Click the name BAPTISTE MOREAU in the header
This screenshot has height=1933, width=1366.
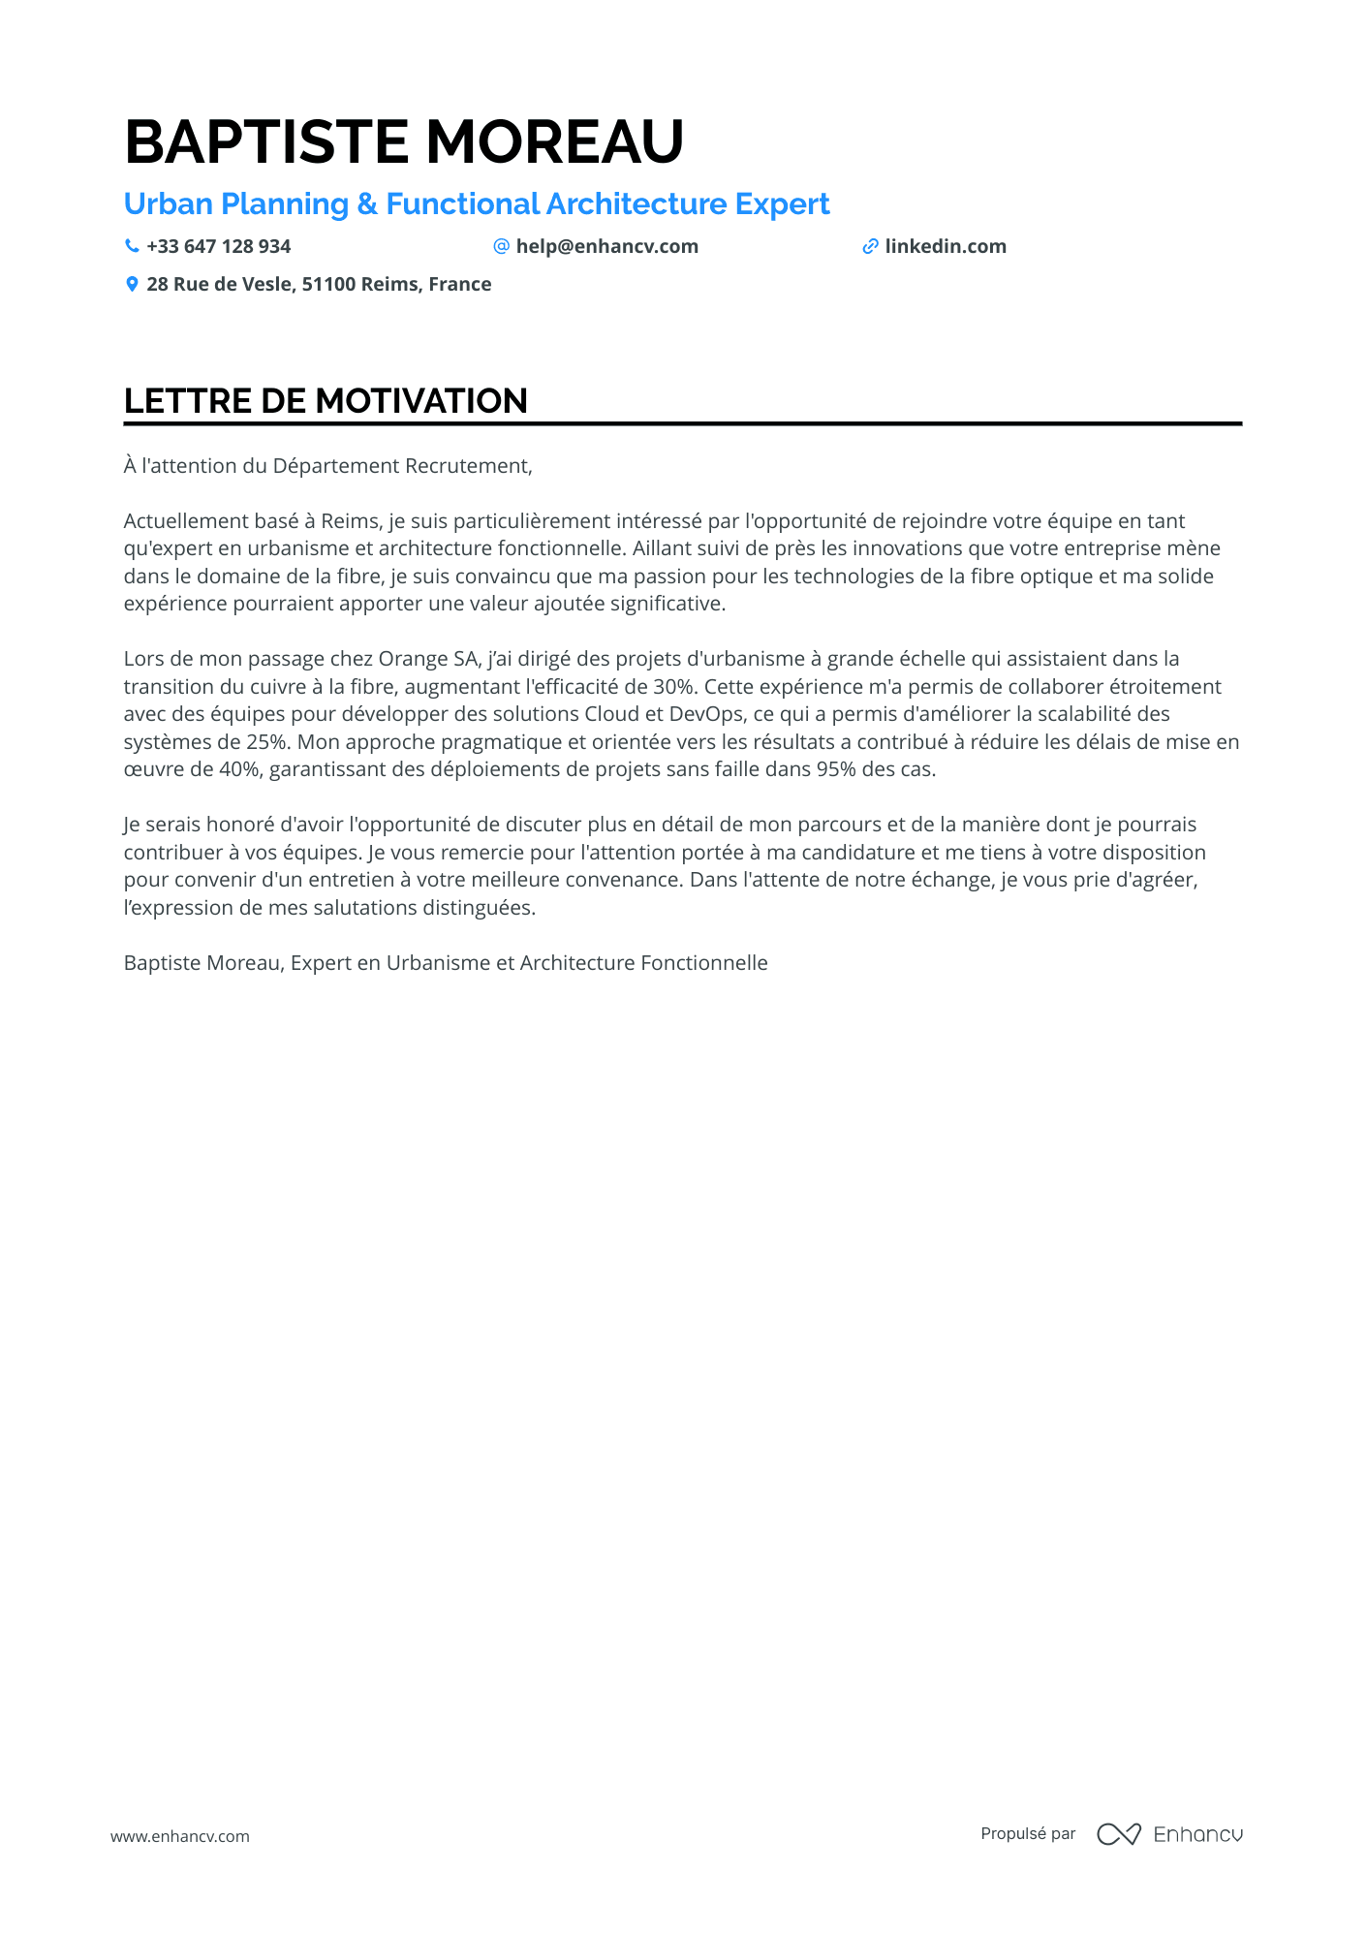tap(404, 141)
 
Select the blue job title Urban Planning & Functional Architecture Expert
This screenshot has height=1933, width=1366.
tap(477, 204)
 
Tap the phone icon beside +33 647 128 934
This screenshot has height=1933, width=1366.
tap(132, 246)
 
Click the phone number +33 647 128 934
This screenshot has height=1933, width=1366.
tap(218, 247)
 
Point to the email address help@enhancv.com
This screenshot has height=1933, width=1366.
tap(606, 247)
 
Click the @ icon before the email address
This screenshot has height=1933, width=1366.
tap(501, 246)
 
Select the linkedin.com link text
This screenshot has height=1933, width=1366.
tap(945, 247)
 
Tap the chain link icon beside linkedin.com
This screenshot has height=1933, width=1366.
tap(870, 246)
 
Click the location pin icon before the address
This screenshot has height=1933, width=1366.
tap(132, 284)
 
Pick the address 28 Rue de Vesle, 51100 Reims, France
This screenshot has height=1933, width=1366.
tap(319, 285)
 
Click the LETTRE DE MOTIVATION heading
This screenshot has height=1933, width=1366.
tap(326, 401)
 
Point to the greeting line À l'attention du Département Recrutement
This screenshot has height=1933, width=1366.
tap(327, 466)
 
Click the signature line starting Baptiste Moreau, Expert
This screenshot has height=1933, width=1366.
tap(446, 963)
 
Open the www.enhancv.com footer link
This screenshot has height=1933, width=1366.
tap(180, 1836)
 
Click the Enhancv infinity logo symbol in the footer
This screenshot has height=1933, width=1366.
tap(1118, 1834)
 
